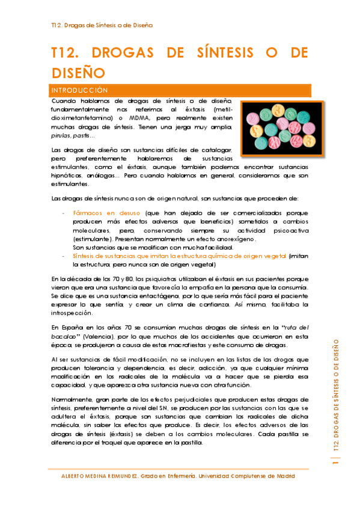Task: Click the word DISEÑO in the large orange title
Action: [79, 73]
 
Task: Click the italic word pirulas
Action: [61, 137]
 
